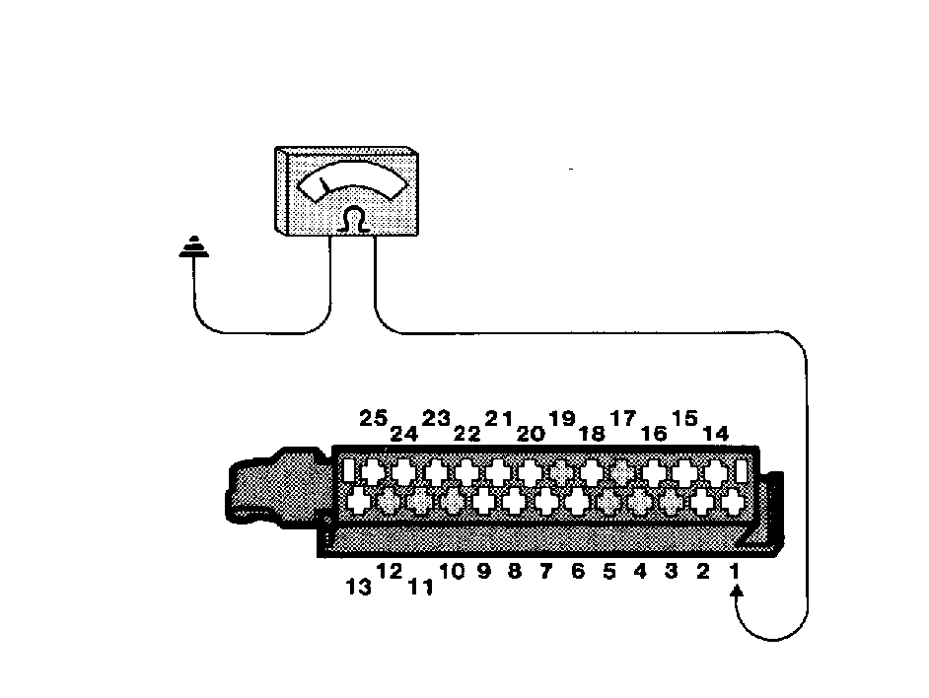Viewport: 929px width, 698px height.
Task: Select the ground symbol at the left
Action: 193,246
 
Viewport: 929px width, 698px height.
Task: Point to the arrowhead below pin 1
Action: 737,592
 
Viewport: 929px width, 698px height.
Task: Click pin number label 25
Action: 373,418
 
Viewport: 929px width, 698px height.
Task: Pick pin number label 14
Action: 715,434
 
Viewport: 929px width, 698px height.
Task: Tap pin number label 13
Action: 359,587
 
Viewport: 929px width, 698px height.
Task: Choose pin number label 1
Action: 734,571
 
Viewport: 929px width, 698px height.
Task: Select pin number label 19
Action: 562,418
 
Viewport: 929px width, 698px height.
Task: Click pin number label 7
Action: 545,571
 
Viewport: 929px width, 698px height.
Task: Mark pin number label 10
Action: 452,571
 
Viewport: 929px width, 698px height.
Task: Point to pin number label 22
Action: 466,434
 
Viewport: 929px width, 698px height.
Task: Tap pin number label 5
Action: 609,571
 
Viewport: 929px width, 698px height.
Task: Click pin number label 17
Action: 623,418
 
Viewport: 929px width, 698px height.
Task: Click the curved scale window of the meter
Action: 353,180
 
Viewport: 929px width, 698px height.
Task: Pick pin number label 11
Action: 421,587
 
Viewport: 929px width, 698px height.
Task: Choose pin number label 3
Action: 672,571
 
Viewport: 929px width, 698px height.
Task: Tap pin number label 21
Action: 499,418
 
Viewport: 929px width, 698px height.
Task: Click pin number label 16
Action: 654,434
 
